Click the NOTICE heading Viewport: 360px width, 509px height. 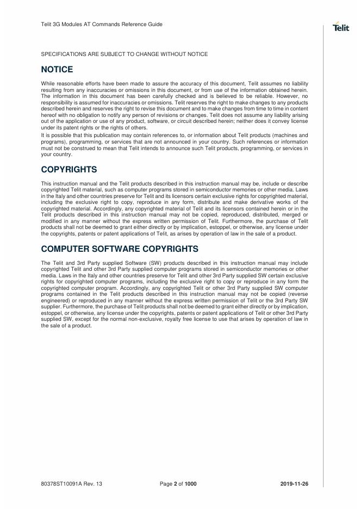57,70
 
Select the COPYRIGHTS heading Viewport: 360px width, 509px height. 69,169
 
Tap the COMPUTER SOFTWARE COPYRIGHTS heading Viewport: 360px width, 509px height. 120,249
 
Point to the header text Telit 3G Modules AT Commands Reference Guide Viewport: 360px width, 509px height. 102,24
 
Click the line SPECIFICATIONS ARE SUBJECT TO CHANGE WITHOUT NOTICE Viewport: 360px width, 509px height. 125,54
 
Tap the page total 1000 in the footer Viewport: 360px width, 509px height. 191,483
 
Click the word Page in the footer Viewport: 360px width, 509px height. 166,483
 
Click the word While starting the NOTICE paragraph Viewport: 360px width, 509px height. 48,83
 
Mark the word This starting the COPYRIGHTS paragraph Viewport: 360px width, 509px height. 46,183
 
